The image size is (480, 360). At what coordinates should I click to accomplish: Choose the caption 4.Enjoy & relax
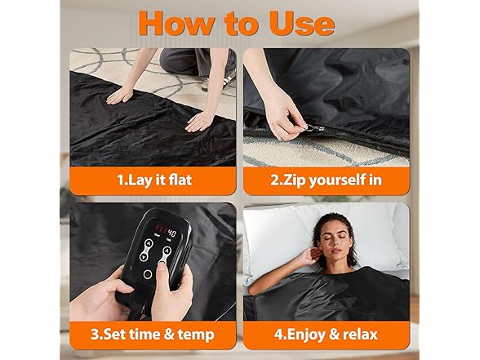click(x=326, y=333)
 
